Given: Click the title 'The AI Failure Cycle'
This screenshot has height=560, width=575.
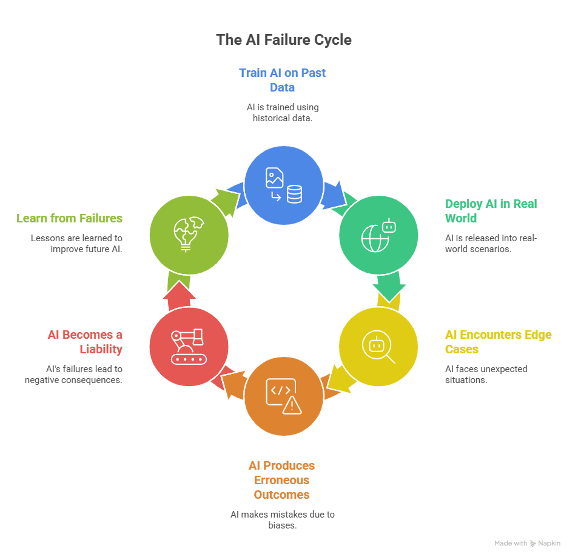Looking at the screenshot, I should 283,40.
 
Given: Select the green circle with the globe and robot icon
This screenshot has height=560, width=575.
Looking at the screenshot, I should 378,235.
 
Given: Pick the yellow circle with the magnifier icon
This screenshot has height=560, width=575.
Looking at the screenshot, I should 378,347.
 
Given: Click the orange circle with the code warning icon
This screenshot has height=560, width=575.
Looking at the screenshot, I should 283,397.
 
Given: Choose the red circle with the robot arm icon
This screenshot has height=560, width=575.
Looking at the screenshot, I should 189,347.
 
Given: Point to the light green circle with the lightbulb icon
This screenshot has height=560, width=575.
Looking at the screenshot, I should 189,235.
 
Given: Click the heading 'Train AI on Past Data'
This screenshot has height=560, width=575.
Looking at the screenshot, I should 282,80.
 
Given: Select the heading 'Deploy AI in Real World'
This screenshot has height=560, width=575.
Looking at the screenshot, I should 491,211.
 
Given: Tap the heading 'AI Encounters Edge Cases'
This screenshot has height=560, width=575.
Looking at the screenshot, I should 498,342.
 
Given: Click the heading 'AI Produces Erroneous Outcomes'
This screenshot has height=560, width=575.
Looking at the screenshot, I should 281,480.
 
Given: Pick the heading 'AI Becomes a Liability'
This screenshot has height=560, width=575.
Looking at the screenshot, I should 85,342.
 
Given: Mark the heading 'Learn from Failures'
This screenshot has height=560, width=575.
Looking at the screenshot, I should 69,218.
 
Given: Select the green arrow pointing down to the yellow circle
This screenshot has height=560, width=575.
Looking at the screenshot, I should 388,286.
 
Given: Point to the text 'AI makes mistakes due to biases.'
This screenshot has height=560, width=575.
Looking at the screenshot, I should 282,520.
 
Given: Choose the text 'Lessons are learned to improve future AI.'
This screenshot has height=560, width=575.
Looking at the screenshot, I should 76,244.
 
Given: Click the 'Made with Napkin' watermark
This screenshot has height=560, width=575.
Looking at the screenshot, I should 526,544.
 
